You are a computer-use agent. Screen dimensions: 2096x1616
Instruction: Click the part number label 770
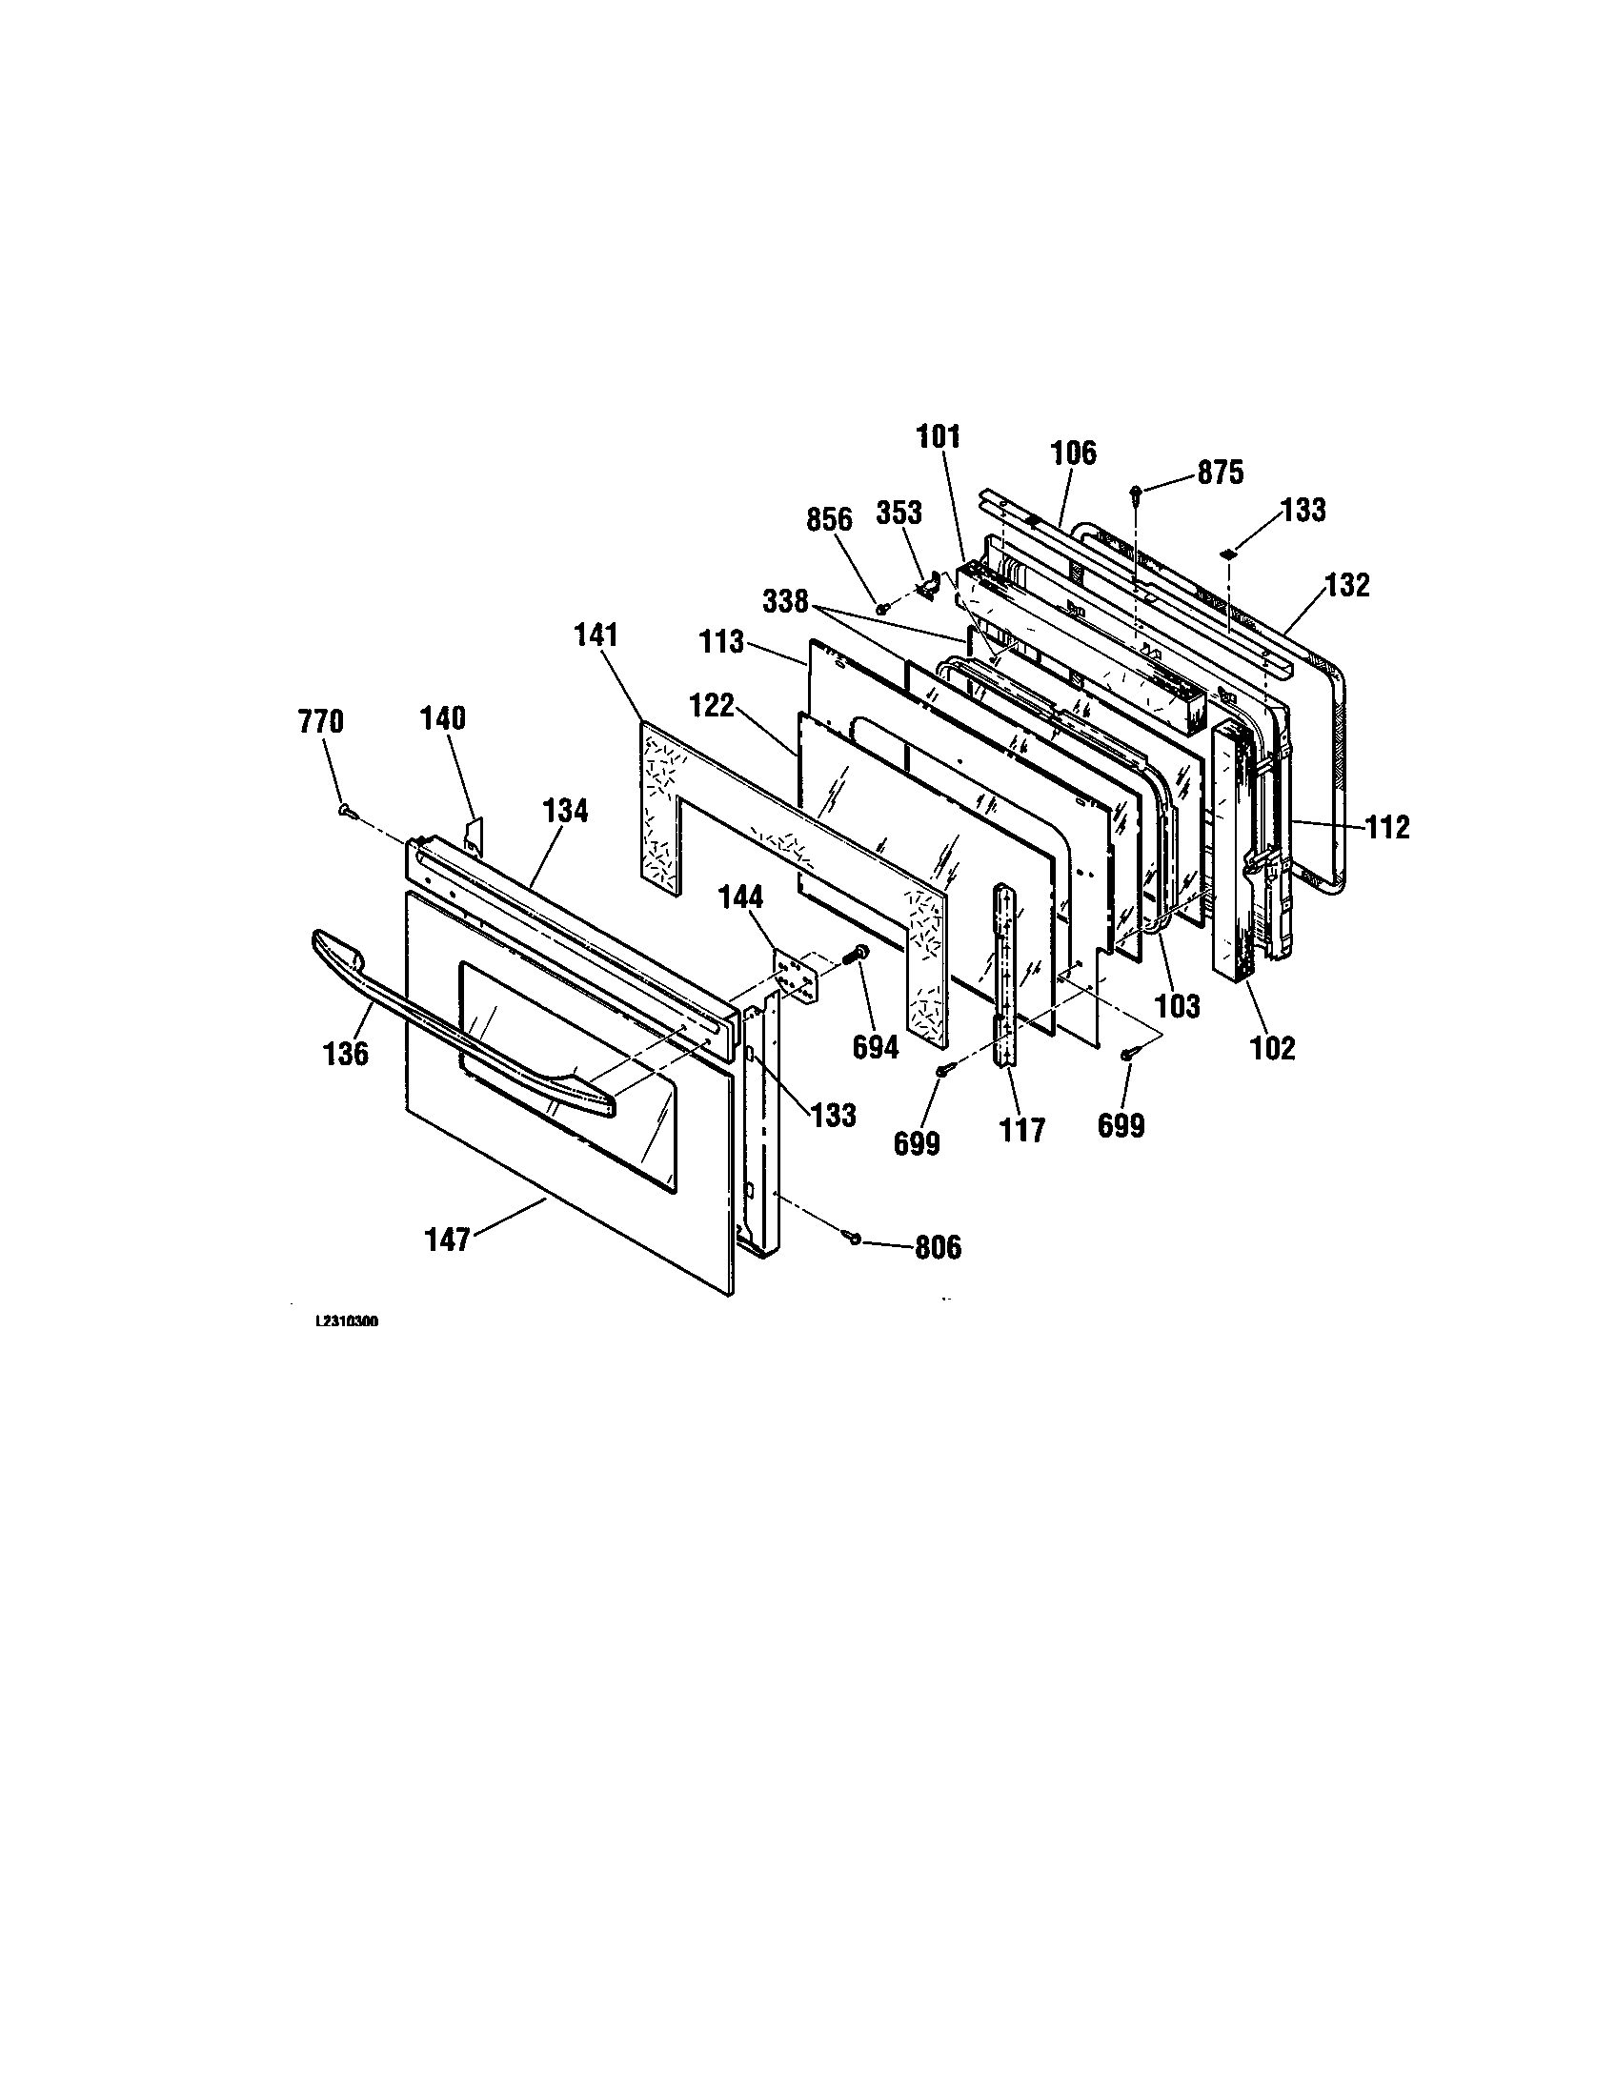tap(321, 722)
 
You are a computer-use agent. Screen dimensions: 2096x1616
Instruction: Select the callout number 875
tap(1220, 473)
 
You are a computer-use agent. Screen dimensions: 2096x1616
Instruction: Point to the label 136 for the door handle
tap(346, 1054)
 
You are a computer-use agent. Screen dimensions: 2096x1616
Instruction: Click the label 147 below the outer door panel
tap(447, 1239)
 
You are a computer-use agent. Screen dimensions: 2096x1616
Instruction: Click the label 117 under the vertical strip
tap(1022, 1131)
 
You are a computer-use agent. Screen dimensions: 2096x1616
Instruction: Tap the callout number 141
tap(596, 635)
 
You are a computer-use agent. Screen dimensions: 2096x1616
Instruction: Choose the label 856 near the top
tap(829, 519)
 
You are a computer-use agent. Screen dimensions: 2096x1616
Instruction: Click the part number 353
tap(899, 514)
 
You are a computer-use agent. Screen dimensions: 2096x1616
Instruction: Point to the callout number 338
tap(786, 603)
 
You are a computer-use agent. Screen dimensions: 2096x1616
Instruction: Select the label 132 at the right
tap(1347, 585)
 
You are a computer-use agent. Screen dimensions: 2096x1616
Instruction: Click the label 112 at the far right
tap(1388, 826)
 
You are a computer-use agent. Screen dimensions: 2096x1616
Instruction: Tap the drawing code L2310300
tap(347, 1321)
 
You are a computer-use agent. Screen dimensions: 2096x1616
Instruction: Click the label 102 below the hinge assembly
tap(1273, 1048)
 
